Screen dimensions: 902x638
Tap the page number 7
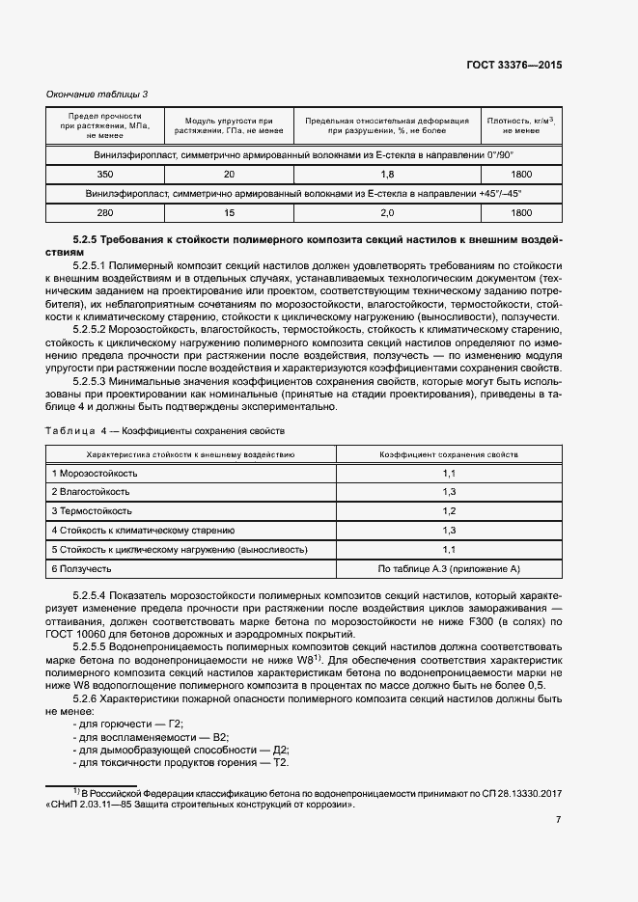click(x=559, y=820)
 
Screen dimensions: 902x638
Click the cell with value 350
click(x=105, y=174)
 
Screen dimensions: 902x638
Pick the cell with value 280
click(x=105, y=212)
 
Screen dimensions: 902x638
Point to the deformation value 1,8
click(x=387, y=174)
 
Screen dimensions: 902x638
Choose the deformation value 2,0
click(x=387, y=212)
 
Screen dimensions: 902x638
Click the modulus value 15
click(x=229, y=212)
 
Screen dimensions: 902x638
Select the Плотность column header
click(x=521, y=124)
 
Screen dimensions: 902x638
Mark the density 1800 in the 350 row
click(x=521, y=174)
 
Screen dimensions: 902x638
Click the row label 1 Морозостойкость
click(x=96, y=473)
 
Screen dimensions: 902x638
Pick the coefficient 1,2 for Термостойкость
click(x=449, y=510)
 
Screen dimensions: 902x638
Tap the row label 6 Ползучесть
click(x=83, y=568)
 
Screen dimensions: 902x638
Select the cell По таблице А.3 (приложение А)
click(x=449, y=568)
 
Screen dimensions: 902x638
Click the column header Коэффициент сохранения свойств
click(x=449, y=452)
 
